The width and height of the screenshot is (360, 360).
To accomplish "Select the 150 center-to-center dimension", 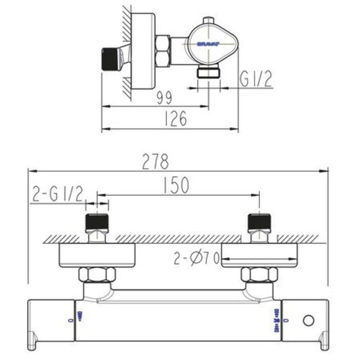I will [x=176, y=185].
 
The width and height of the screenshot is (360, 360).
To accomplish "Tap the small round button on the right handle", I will [x=308, y=320].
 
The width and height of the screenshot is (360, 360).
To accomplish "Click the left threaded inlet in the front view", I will [x=97, y=223].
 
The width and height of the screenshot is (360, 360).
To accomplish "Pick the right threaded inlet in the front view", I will [x=259, y=223].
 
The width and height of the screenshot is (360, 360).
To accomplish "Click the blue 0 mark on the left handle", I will [x=70, y=320].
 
